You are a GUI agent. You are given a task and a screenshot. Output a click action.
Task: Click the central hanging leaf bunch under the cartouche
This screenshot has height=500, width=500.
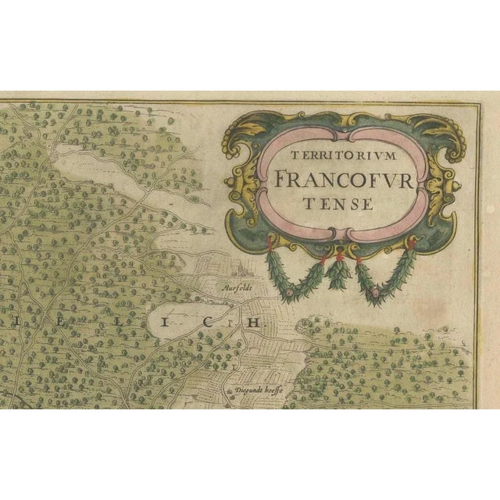click(x=337, y=276)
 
